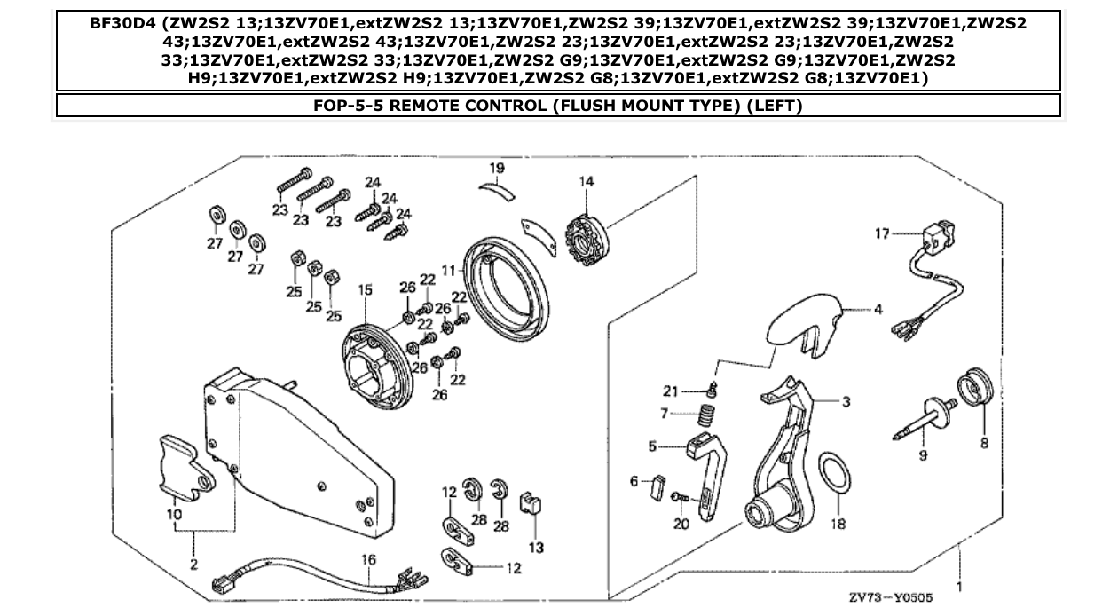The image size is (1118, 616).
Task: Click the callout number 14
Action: coord(586,181)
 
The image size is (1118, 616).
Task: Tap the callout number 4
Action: coord(878,311)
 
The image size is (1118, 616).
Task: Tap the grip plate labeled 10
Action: coord(187,465)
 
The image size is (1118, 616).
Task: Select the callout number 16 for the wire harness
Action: coord(368,560)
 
